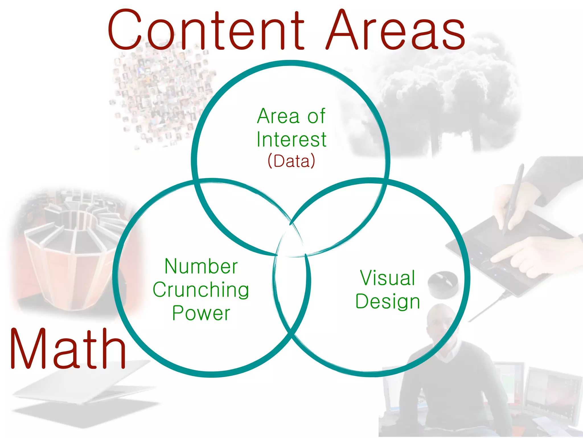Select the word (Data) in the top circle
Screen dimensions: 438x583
(x=291, y=161)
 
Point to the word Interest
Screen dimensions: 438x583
(x=291, y=139)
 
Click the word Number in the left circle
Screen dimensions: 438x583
(x=201, y=267)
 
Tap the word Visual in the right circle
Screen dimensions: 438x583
(x=387, y=278)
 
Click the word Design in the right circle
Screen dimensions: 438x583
(x=387, y=301)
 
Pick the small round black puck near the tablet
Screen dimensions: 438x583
(x=443, y=281)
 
